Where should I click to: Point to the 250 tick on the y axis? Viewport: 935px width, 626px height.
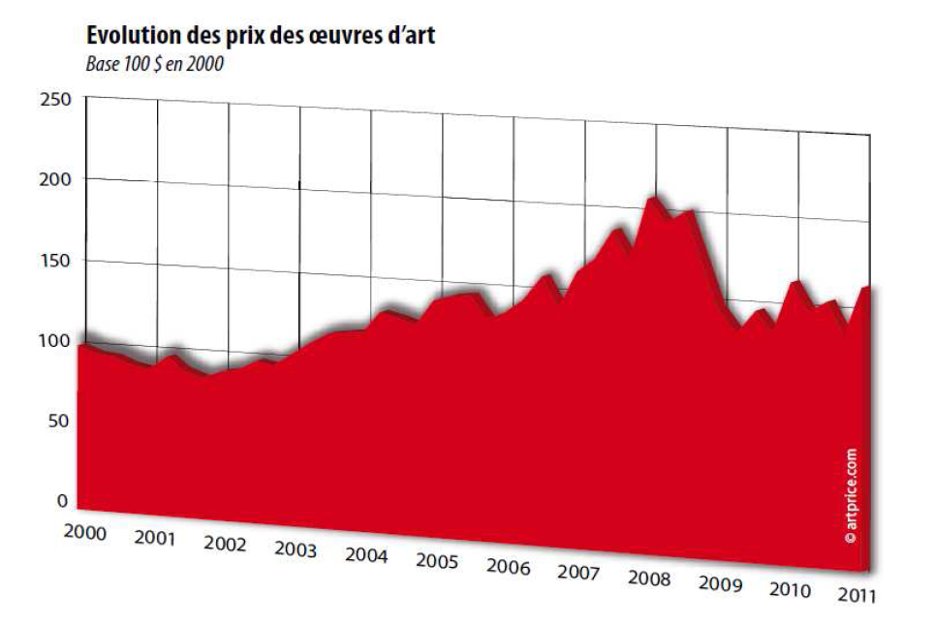[x=57, y=99]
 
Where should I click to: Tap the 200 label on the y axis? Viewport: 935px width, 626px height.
[x=57, y=179]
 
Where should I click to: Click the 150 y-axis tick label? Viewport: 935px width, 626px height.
[x=57, y=260]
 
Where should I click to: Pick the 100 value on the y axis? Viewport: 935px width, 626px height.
[x=57, y=340]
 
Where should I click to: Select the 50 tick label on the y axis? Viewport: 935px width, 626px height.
[x=61, y=421]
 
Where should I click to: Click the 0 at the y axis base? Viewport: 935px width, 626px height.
[x=63, y=501]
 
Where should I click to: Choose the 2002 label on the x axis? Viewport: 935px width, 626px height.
[x=225, y=544]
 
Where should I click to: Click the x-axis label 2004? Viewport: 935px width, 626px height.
[x=366, y=556]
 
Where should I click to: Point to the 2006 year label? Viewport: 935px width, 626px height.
[x=508, y=567]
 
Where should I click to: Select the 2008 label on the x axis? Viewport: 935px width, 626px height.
[x=649, y=579]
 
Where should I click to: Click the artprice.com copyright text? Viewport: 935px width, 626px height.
[x=851, y=494]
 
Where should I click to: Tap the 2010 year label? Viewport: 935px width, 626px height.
[x=791, y=589]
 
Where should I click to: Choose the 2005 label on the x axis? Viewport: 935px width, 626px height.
[x=437, y=561]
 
